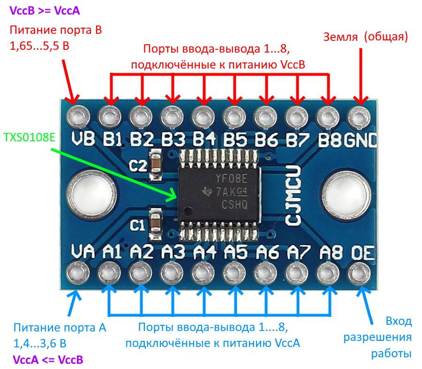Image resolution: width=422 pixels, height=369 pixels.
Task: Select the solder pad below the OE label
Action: tap(360, 272)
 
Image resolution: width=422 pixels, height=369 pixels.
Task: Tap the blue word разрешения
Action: tap(377, 338)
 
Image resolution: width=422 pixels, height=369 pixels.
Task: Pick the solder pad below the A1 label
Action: tap(109, 272)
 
